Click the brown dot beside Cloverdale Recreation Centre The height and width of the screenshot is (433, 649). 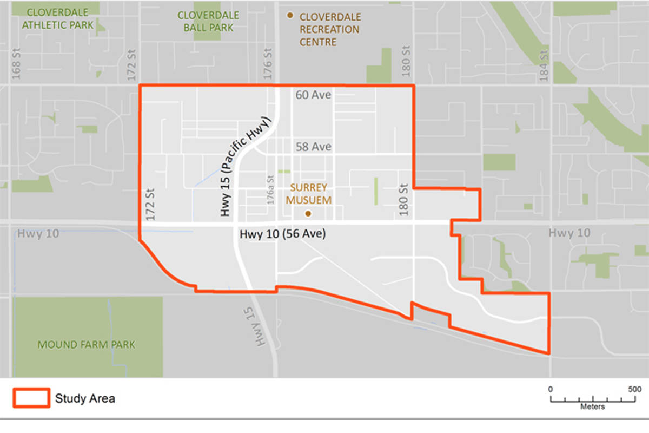tap(291, 16)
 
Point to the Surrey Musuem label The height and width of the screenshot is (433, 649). tap(309, 193)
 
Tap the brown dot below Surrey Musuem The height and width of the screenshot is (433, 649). tap(308, 214)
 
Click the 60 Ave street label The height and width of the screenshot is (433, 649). tap(313, 95)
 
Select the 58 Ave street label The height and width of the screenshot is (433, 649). tap(313, 147)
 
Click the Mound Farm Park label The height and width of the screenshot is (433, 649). tap(87, 345)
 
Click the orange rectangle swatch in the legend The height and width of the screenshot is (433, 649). tap(31, 398)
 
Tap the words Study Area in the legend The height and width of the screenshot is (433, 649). tap(85, 399)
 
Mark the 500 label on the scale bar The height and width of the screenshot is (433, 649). tap(634, 389)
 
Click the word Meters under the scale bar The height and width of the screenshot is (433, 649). tap(593, 406)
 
